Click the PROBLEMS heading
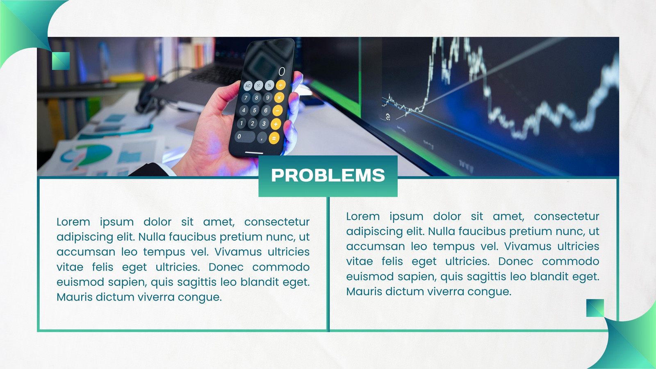[328, 175]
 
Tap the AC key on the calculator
[248, 86]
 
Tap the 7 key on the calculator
[246, 98]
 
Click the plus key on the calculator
[276, 124]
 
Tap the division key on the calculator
[280, 85]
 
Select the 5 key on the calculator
[255, 110]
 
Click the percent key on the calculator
[269, 85]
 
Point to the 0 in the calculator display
[281, 71]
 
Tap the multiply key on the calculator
[279, 98]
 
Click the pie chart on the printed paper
[87, 155]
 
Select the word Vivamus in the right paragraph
[527, 246]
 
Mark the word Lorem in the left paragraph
[73, 222]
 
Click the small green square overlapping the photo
[61, 61]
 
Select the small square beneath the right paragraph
[595, 308]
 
